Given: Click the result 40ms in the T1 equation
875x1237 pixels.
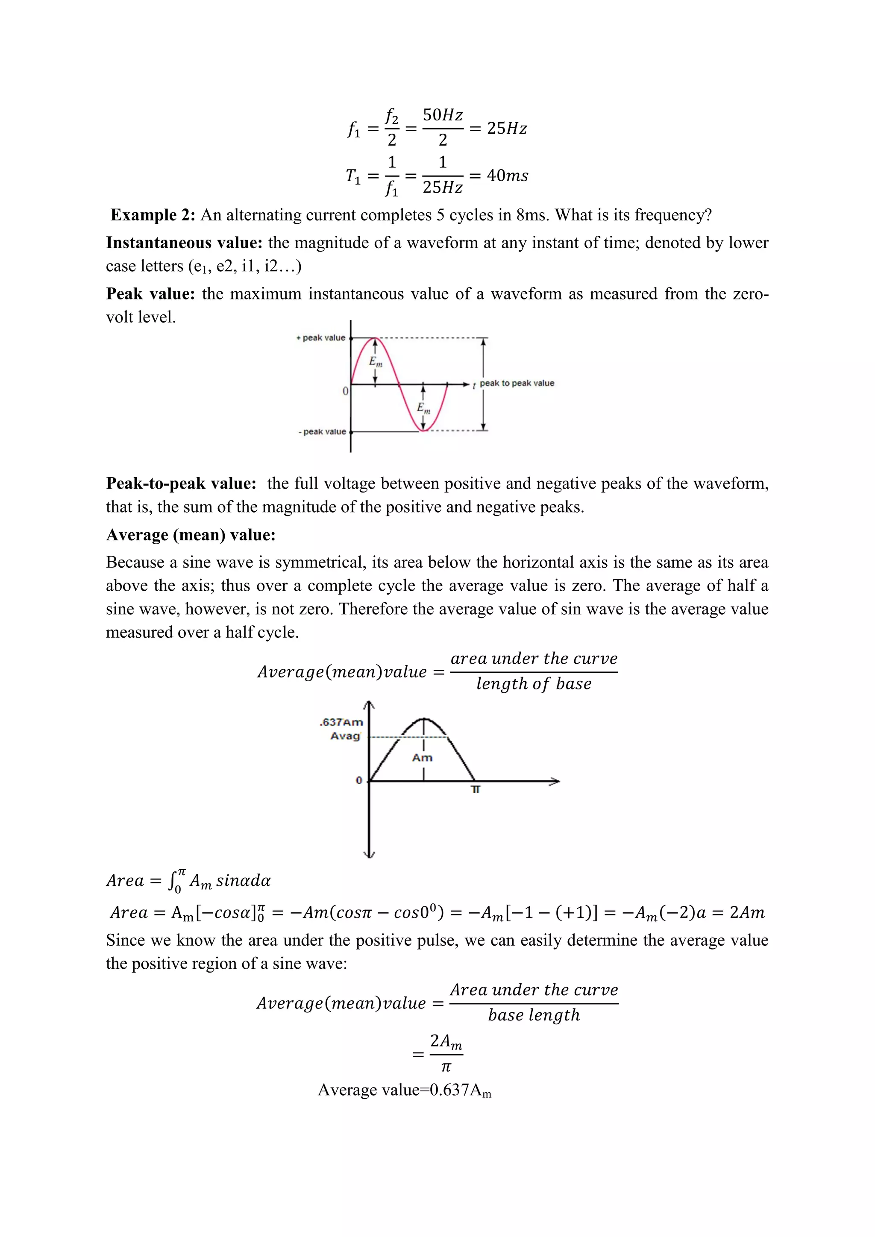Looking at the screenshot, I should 508,176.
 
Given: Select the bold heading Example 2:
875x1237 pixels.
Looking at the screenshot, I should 153,215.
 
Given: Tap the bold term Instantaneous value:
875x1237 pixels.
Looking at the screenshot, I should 184,243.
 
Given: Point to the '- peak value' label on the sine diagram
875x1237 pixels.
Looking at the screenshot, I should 322,431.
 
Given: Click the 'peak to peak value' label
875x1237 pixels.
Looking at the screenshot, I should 517,383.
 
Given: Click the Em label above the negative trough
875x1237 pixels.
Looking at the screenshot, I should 423,408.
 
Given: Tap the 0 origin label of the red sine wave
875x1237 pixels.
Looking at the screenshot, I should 345,391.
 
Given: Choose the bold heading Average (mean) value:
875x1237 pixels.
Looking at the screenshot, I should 191,534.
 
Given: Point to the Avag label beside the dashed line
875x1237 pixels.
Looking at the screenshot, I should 345,736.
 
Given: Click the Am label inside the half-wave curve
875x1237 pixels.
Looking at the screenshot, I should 423,757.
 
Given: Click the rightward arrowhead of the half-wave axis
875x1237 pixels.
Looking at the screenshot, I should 555,781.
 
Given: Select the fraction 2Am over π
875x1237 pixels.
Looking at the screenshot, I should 446,1053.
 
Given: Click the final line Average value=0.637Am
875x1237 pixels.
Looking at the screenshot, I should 404,1090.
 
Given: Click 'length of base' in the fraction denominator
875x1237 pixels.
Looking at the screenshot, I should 533,684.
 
